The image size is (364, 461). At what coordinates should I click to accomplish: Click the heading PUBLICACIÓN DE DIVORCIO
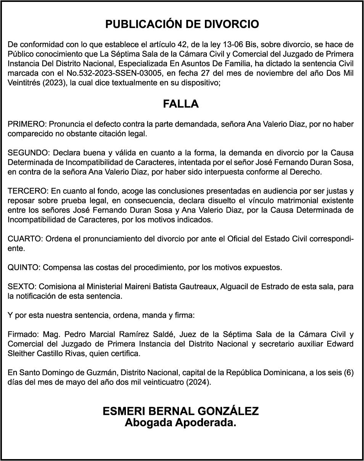182,24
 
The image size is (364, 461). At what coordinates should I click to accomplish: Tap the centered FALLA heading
181,104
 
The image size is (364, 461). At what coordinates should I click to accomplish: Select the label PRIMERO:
27,124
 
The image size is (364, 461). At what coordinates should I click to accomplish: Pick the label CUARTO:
25,239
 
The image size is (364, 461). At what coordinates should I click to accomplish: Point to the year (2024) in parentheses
198,382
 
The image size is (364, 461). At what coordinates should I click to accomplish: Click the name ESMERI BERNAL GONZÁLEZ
180,411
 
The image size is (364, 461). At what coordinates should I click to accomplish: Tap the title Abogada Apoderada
180,423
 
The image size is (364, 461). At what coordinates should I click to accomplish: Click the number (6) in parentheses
348,373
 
